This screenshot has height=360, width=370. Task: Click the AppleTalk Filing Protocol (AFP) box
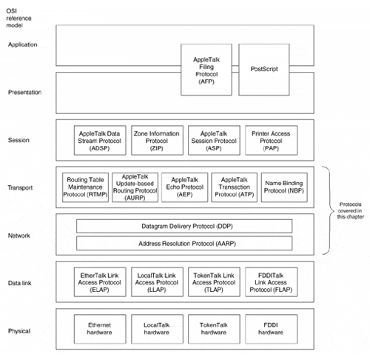[x=206, y=70]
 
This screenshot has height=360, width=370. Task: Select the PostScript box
[x=264, y=70]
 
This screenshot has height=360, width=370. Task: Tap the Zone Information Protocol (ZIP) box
[x=157, y=140]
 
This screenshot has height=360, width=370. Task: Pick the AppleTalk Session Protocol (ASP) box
[x=214, y=140]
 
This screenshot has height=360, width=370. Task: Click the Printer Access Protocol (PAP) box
[x=271, y=140]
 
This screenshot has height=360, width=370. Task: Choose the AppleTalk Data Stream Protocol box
[x=100, y=140]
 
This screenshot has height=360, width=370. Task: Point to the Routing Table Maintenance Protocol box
[x=85, y=187]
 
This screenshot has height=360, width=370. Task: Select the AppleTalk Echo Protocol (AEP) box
[x=185, y=187]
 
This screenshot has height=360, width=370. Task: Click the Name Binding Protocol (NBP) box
[x=284, y=187]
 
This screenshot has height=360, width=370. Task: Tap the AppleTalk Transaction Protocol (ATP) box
[x=235, y=187]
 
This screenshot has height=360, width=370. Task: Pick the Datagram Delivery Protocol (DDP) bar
[x=184, y=226]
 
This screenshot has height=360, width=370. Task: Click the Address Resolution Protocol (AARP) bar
[x=184, y=244]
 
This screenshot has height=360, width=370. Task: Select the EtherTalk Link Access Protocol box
[x=100, y=282]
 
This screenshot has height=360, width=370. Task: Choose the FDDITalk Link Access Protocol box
[x=271, y=282]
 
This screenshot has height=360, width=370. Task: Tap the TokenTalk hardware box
[x=214, y=329]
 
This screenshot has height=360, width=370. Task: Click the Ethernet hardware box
[x=100, y=329]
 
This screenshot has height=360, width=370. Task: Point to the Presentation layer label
[x=24, y=93]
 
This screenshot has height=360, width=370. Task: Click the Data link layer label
[x=19, y=283]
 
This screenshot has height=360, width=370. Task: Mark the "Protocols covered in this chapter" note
[x=351, y=210]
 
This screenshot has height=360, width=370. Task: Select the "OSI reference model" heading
[x=18, y=18]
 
